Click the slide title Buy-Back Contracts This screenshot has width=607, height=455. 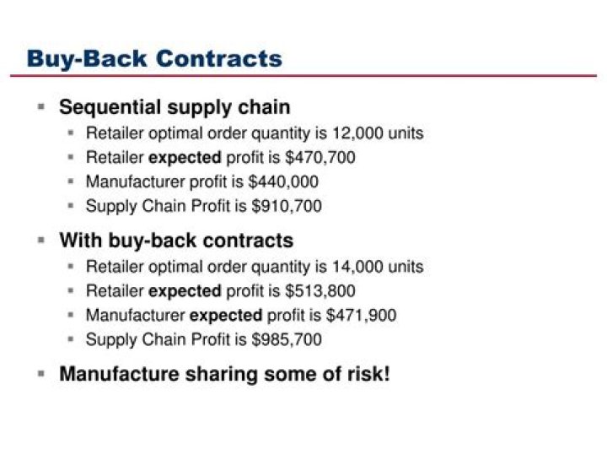click(x=154, y=58)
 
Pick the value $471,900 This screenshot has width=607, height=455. click(x=364, y=316)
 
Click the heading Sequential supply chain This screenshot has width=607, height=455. click(x=175, y=107)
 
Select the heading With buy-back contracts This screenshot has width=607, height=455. click(x=176, y=241)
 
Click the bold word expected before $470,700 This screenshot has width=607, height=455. click(x=185, y=157)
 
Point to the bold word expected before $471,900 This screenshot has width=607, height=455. click(x=226, y=316)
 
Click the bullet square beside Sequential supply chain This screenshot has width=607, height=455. click(x=40, y=107)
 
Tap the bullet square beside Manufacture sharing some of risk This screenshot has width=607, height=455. click(x=40, y=373)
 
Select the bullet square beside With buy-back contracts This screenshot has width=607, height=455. click(x=40, y=240)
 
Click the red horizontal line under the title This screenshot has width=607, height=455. click(x=303, y=76)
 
